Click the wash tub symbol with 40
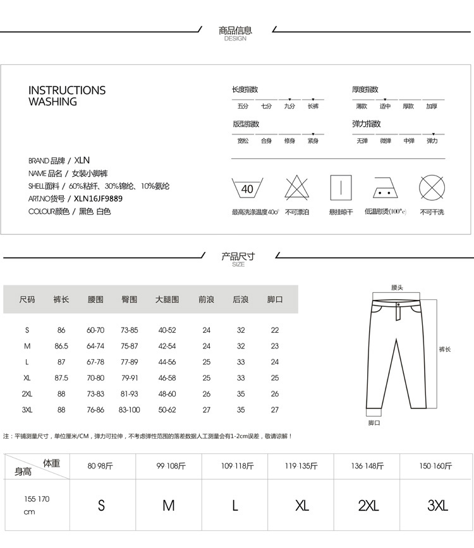[247, 188]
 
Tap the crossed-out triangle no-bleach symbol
[296, 188]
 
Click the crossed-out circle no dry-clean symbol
[432, 188]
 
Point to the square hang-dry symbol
[341, 188]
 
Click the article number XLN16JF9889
[98, 198]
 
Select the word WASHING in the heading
[52, 102]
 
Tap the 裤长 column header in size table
[61, 299]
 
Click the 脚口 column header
[275, 299]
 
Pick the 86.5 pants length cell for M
[61, 346]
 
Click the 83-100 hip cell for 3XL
[130, 410]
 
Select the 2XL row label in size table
[27, 393]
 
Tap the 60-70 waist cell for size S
[95, 330]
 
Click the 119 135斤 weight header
[301, 467]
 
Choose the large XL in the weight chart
[301, 506]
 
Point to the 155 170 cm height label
[36, 505]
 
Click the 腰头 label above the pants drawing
[397, 288]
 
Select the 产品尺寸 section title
[238, 256]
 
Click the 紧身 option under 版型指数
[313, 141]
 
